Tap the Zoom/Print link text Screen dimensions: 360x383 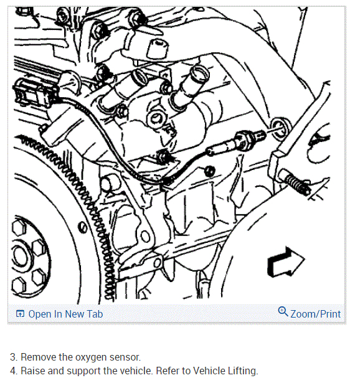pyautogui.click(x=315, y=314)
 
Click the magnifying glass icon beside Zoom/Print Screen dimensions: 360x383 pyautogui.click(x=283, y=311)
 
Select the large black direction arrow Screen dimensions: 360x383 pyautogui.click(x=286, y=263)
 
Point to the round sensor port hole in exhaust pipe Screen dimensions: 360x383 pyautogui.click(x=281, y=128)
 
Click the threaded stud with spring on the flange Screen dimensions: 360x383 pyautogui.click(x=295, y=181)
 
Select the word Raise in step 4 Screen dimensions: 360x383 pyautogui.click(x=33, y=371)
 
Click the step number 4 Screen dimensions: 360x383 pyautogui.click(x=14, y=371)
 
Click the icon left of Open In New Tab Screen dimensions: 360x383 pyautogui.click(x=20, y=314)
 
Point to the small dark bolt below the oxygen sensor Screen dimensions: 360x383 pyautogui.click(x=209, y=171)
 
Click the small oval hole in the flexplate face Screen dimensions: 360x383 pyautogui.click(x=82, y=227)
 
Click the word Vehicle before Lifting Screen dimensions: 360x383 pyautogui.click(x=209, y=371)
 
